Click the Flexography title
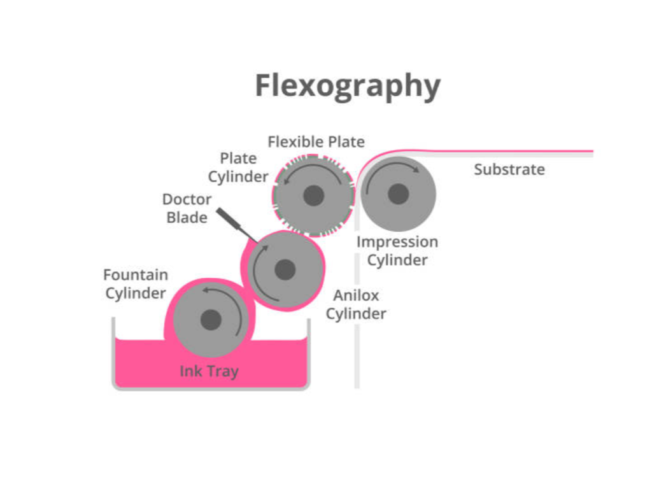[x=347, y=86]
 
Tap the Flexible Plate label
[x=316, y=141]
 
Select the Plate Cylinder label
[x=238, y=167]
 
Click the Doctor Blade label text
[x=187, y=208]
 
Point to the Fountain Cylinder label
[x=136, y=284]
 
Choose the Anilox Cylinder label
[x=356, y=304]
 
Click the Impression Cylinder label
[x=397, y=251]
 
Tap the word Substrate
[x=509, y=169]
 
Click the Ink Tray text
[x=209, y=371]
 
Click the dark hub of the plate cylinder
[x=313, y=195]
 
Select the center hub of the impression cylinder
[x=398, y=194]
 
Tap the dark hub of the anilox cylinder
[x=285, y=269]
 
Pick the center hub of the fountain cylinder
[x=211, y=320]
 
